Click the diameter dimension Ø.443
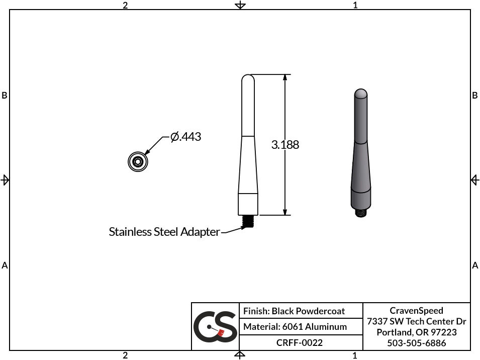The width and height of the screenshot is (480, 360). coord(186,136)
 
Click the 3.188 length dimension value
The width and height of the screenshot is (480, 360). coord(285,145)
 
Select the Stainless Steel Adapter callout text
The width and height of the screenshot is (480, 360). coord(164,232)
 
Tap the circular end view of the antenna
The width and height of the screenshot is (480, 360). coord(137,161)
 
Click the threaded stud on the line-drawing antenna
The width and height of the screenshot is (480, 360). coord(248,221)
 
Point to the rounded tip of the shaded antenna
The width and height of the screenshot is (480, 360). coord(360,94)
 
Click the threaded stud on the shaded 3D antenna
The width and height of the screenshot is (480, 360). coord(360,213)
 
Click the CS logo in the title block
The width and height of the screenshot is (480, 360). coord(215,327)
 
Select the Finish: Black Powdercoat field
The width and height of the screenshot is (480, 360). coord(294,311)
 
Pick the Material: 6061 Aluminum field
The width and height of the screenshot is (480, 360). coord(295,327)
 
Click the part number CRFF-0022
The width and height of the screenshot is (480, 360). coord(300,343)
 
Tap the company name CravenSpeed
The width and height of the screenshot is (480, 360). coord(416,311)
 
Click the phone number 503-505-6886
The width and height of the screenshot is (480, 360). coord(416,343)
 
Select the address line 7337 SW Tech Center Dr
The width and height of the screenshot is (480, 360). coord(416,321)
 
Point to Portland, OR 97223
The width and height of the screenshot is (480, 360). coord(416,332)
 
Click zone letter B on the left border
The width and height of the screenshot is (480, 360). coord(5,95)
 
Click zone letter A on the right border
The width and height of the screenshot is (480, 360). coord(475,265)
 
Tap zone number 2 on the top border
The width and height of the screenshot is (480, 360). coord(125,5)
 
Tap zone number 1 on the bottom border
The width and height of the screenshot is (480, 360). coord(355,355)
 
